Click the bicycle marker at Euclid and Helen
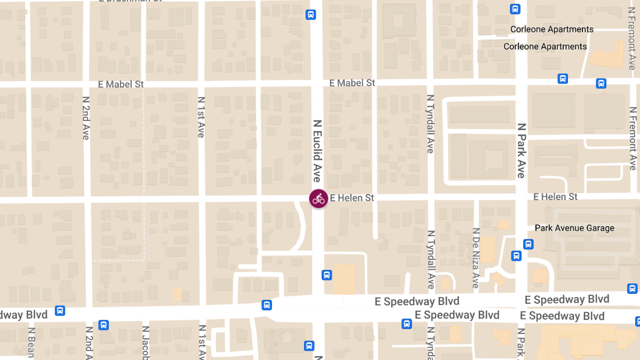point(318,199)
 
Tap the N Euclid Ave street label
point(317,150)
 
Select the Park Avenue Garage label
point(574,228)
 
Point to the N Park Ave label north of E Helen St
point(522,150)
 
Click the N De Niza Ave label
point(476,258)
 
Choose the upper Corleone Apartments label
point(551,29)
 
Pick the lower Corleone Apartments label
point(545,46)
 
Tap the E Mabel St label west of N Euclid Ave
point(121,84)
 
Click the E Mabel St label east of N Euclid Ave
point(352,83)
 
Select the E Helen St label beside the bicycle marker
point(352,198)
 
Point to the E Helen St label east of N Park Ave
point(555,197)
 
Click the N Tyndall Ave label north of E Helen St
point(430,124)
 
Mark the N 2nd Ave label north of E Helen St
point(86,118)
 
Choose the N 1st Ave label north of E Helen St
point(201,117)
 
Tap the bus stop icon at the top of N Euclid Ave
point(310,14)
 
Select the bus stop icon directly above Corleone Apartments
point(515,9)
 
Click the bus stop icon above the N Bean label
point(60,310)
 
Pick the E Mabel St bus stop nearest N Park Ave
point(562,79)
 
